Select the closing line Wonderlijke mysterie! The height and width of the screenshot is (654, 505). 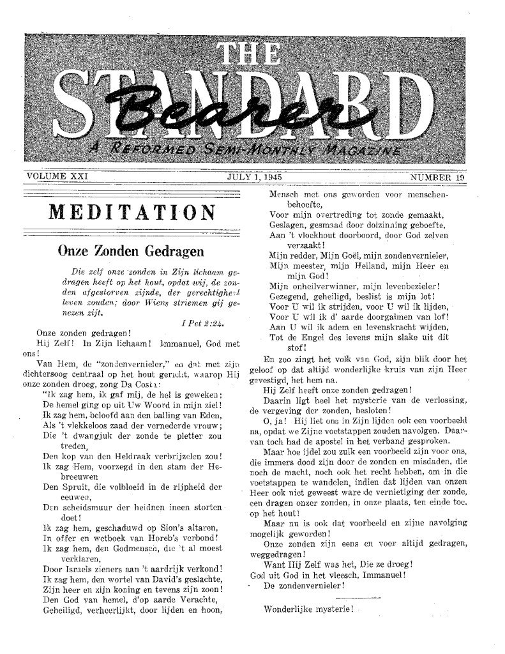[308, 627]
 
